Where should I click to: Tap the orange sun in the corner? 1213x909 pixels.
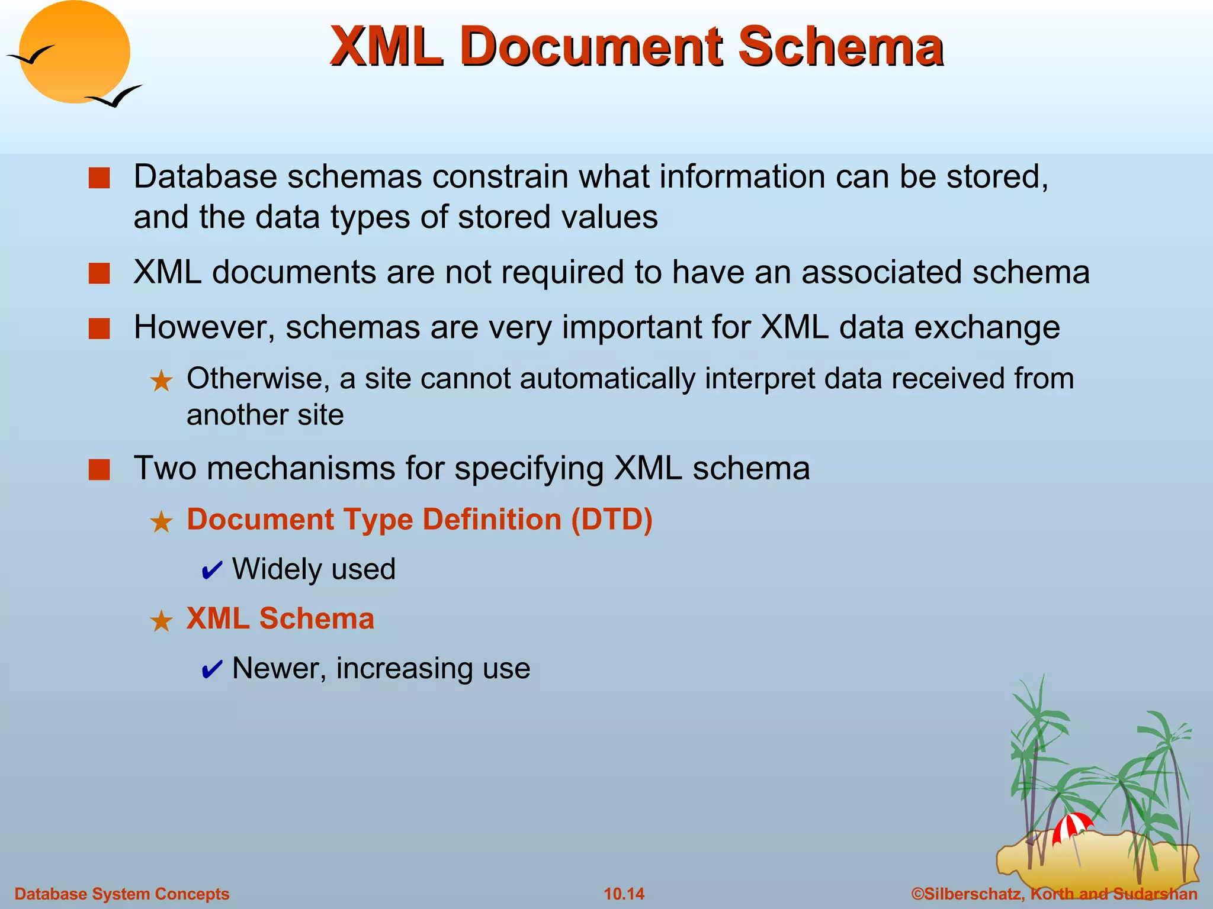pyautogui.click(x=74, y=52)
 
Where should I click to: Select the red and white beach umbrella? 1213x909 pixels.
pyautogui.click(x=1071, y=826)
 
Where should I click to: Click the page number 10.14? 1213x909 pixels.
pyautogui.click(x=624, y=894)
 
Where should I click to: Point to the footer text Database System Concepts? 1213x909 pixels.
pyautogui.click(x=121, y=894)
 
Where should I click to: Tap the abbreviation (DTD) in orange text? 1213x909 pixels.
pyautogui.click(x=611, y=520)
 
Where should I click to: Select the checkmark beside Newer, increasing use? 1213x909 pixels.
pyautogui.click(x=211, y=670)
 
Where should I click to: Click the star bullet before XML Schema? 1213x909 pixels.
pyautogui.click(x=161, y=621)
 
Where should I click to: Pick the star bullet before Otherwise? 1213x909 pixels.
pyautogui.click(x=161, y=381)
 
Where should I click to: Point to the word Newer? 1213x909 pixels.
pyautogui.click(x=279, y=668)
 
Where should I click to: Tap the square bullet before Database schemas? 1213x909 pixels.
pyautogui.click(x=100, y=178)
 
